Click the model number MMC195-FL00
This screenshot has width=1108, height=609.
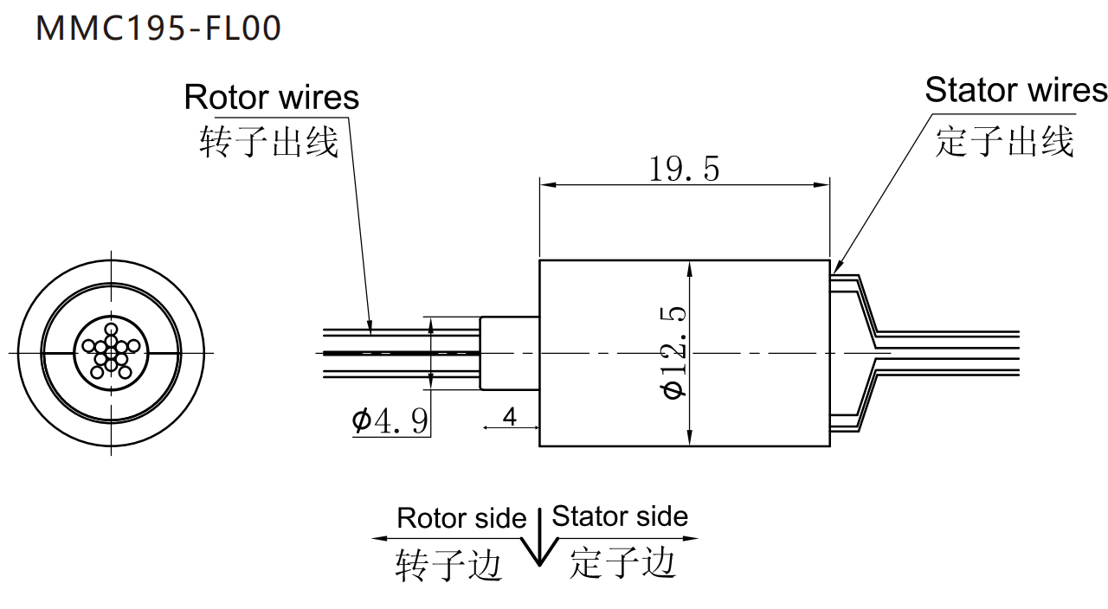158,28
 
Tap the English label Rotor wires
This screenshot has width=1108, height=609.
271,97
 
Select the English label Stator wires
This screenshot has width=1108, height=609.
1015,90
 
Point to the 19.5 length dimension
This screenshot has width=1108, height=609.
684,169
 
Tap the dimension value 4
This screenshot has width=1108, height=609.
510,417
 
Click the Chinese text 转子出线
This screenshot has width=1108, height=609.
268,142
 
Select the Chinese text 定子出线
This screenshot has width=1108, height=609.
1004,141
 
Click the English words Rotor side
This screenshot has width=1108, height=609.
461,518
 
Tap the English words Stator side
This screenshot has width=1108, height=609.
620,516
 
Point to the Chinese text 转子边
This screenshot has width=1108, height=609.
448,565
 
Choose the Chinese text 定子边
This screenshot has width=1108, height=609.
622,563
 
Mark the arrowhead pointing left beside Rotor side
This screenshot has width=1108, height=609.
378,538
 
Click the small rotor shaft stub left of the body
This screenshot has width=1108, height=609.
509,353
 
